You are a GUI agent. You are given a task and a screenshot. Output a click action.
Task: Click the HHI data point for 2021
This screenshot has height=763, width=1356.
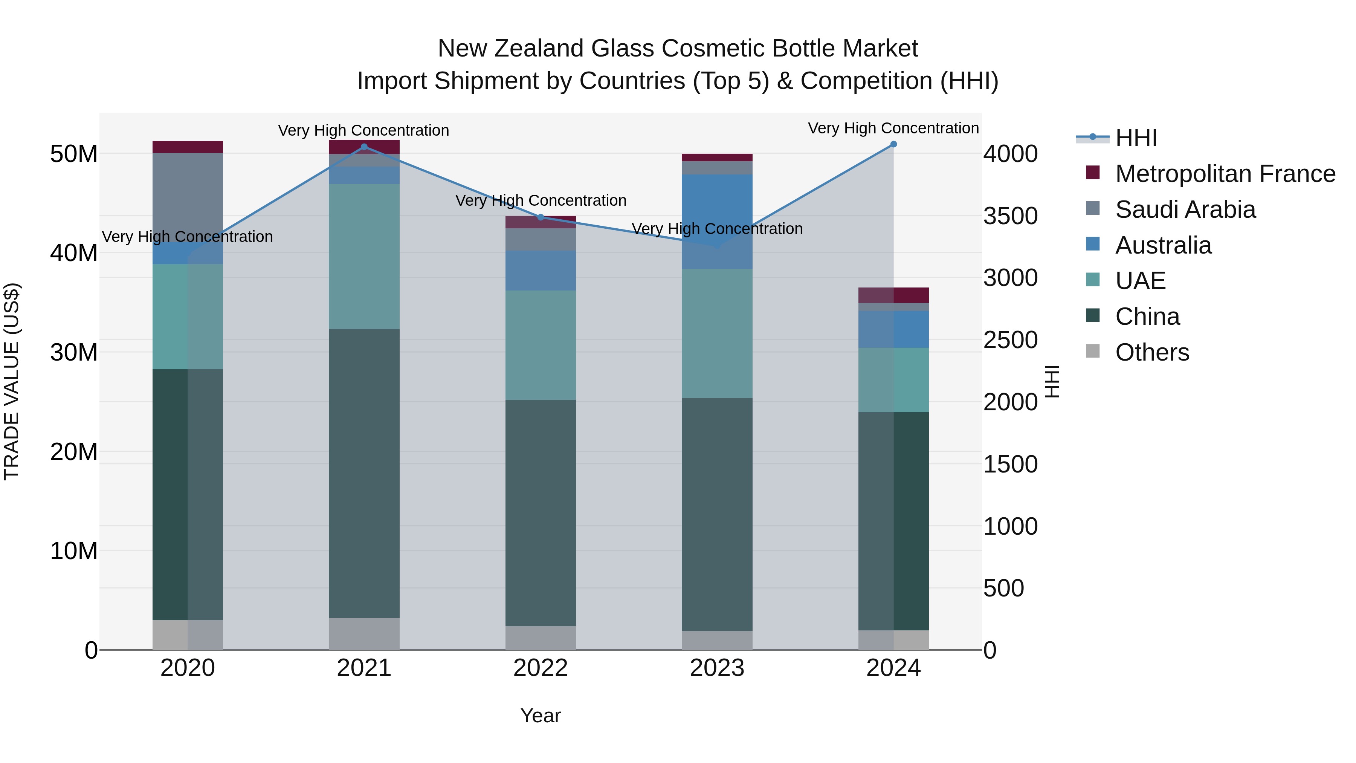click(364, 147)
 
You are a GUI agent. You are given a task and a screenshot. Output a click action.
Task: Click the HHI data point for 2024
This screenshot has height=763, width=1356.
click(893, 144)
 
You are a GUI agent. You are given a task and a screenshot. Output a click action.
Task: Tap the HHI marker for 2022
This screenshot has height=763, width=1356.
click(540, 217)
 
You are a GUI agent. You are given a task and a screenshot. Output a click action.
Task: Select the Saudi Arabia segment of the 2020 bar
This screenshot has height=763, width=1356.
click(188, 197)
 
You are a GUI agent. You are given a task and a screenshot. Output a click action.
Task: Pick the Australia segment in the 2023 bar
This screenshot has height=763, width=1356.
click(717, 221)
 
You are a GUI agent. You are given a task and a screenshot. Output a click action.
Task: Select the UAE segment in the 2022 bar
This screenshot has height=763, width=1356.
click(540, 345)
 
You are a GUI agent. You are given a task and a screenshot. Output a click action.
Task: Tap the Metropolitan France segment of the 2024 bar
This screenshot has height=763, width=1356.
click(893, 295)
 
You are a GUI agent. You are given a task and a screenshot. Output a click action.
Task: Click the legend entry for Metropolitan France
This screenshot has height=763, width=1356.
click(1225, 174)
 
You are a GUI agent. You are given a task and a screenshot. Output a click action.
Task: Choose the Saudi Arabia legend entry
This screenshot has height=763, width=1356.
click(1185, 209)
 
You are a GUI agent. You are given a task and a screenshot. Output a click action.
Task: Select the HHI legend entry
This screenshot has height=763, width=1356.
click(1136, 138)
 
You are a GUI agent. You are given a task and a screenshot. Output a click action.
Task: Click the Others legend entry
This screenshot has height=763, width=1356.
click(1152, 352)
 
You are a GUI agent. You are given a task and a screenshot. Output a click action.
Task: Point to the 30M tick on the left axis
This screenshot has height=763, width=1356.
click(74, 352)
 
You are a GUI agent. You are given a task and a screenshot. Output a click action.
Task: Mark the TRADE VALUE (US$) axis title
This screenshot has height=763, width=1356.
click(12, 381)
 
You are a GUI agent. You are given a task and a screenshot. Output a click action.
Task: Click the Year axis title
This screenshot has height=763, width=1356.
click(540, 716)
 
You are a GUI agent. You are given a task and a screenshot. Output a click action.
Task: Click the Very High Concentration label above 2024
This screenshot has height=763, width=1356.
click(893, 128)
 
